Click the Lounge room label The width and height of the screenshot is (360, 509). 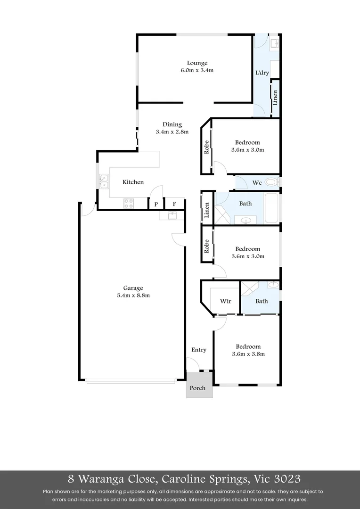click(197, 63)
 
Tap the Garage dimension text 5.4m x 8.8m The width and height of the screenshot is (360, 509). click(133, 296)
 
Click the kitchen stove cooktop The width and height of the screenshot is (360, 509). click(129, 203)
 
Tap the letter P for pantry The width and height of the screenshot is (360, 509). click(155, 205)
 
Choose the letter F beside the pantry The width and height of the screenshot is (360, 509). click(174, 205)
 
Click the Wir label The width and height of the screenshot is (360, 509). click(226, 301)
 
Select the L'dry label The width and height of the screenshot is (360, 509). click(262, 73)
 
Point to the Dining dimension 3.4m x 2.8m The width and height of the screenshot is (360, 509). click(172, 132)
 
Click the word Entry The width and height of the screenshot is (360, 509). click(199, 350)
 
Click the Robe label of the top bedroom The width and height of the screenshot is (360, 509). click(206, 148)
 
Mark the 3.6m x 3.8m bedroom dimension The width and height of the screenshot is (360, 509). click(248, 354)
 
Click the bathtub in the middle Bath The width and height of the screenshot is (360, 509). click(272, 207)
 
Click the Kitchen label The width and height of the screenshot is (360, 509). click(133, 182)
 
